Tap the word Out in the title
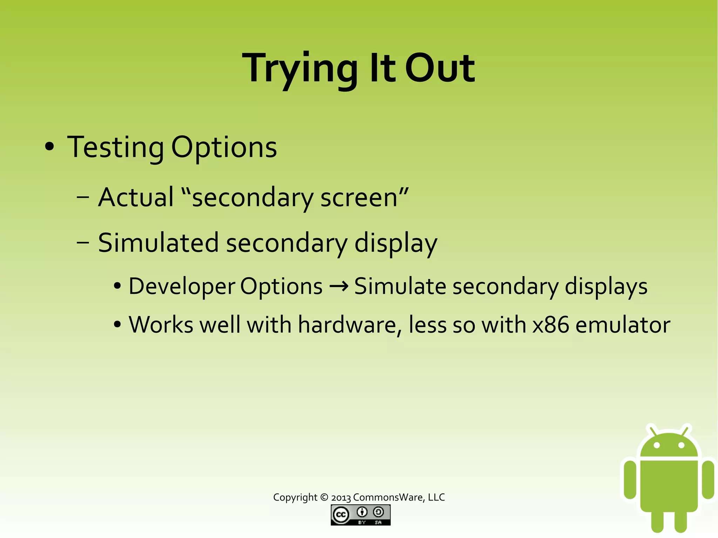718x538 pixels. pyautogui.click(x=440, y=68)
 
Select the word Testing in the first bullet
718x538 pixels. pyautogui.click(x=115, y=147)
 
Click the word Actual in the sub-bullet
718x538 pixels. pyautogui.click(x=136, y=197)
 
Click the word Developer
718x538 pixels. pyautogui.click(x=182, y=286)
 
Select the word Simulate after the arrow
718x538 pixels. pyautogui.click(x=400, y=286)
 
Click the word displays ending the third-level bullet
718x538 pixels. pyautogui.click(x=606, y=286)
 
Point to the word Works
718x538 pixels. pyautogui.click(x=161, y=325)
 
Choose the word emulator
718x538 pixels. pyautogui.click(x=623, y=325)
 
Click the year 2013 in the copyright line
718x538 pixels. pyautogui.click(x=341, y=498)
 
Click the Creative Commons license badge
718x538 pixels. pyautogui.click(x=360, y=515)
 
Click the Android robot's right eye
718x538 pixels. pyautogui.click(x=682, y=445)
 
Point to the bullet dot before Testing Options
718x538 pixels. pyautogui.click(x=49, y=147)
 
